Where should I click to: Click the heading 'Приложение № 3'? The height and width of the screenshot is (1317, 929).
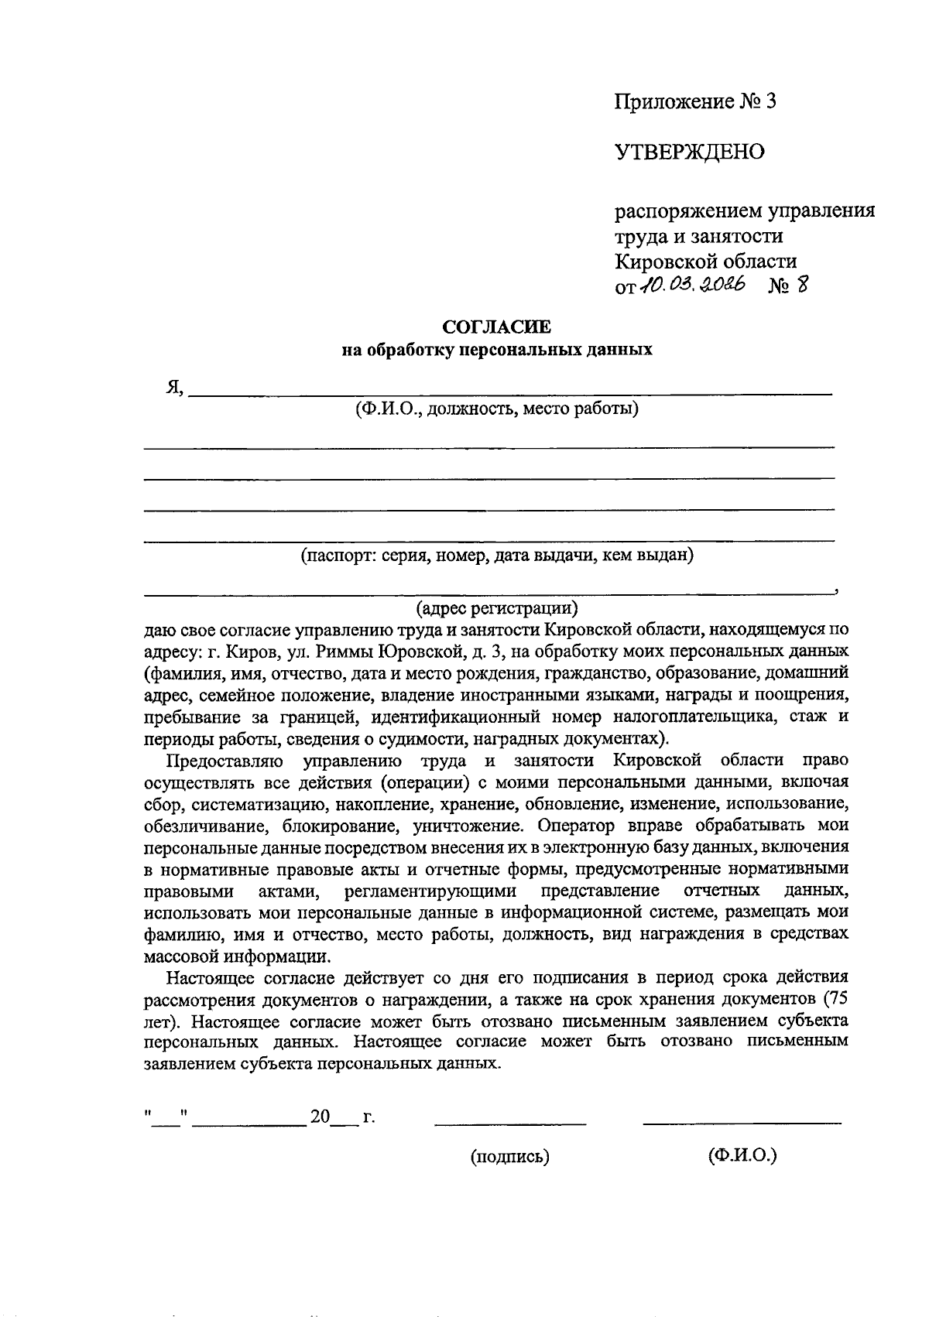pos(694,101)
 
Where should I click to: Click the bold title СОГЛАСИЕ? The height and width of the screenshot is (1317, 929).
pos(496,327)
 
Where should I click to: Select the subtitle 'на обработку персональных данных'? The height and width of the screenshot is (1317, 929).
pos(497,350)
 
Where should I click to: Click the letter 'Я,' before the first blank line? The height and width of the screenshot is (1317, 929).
pos(173,388)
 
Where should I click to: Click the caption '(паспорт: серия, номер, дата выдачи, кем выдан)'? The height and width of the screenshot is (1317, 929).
pos(497,555)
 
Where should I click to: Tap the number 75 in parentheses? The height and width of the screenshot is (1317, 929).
pos(839,997)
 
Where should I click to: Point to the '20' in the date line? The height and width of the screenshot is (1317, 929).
pos(320,1117)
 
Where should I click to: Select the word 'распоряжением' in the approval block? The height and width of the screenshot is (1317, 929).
pos(687,211)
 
